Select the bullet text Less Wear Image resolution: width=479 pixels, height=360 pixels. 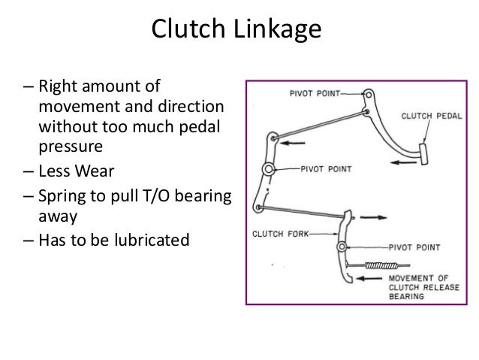(76, 170)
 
